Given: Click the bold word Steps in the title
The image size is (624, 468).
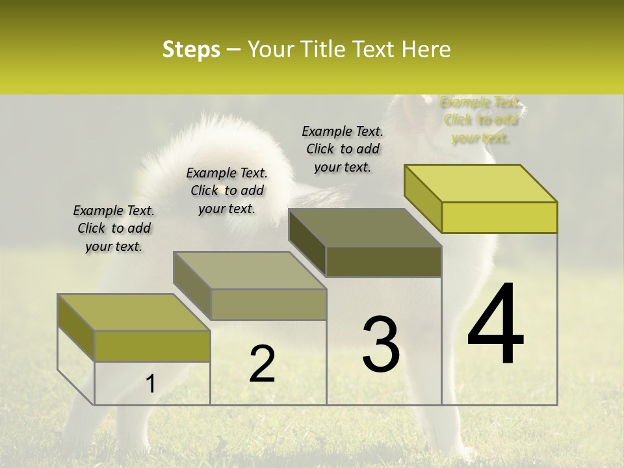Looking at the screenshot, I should (191, 49).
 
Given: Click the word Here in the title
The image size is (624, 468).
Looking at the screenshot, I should (426, 49).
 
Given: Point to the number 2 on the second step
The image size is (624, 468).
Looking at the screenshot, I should (262, 363).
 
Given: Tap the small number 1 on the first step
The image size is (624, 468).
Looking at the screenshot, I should (150, 384).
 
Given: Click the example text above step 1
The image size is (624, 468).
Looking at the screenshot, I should (114, 228).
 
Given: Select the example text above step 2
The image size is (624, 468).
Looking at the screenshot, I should (227, 190).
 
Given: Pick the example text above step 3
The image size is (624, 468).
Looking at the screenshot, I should (343, 149).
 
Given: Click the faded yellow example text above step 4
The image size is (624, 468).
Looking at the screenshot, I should (480, 120).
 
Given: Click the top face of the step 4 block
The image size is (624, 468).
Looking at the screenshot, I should (481, 183).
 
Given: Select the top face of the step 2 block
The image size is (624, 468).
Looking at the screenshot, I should (250, 270).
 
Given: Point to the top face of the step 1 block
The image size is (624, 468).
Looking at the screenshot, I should (134, 313).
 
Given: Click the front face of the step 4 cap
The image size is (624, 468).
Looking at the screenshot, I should (499, 217).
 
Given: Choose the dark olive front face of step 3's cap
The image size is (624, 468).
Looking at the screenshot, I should (383, 262).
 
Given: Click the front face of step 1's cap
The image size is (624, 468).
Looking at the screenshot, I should (152, 346).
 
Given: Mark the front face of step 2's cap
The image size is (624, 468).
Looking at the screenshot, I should (268, 304).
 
